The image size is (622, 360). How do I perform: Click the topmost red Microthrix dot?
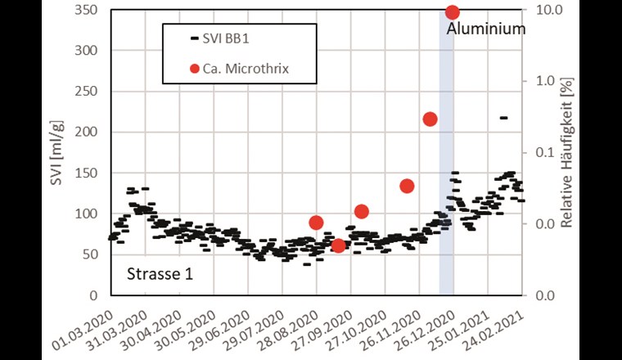452,12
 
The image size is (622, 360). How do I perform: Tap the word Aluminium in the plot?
485,29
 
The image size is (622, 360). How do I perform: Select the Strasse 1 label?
160,274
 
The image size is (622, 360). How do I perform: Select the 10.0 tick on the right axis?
548,10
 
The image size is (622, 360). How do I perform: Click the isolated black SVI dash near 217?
503,118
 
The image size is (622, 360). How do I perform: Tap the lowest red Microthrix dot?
338,245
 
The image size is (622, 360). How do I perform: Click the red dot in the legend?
194,69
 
